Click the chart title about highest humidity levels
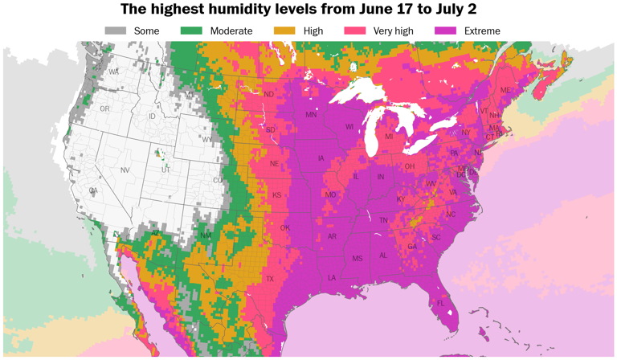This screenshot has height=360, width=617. pos(308,10)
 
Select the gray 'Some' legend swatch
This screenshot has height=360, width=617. pos(116,31)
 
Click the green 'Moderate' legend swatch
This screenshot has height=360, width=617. pos(192,31)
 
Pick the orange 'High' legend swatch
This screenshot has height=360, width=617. pos(285,31)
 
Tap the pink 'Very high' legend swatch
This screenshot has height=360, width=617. pos(355,31)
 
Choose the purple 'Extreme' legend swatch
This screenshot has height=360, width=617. pos(445,31)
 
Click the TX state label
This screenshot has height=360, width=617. pos(270,279)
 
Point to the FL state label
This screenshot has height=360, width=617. pos(440,303)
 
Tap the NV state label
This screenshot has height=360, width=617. pos(125,170)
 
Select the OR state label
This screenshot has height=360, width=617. pos(104,108)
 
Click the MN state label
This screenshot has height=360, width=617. pos(311,116)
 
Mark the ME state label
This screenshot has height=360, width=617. pos(505,90)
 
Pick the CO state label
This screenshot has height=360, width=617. pos(218,181)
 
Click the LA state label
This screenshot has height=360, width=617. pos(331,277)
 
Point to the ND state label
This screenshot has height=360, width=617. pos(269,94)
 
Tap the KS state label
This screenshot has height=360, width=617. pos(276,195)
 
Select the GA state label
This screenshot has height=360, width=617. pos(412,247)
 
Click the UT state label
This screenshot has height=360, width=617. pos(165,170)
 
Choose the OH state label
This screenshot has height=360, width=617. pos(409,166)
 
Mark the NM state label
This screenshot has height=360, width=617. pos(205,235)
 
